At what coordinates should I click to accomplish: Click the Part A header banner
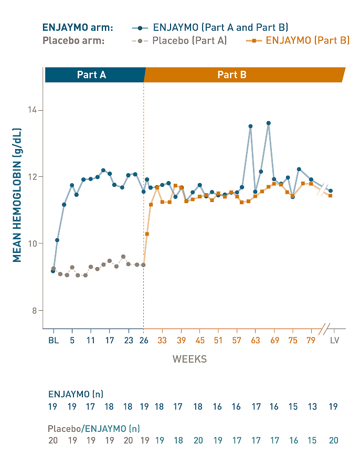click(x=92, y=75)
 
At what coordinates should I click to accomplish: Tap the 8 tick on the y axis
click(x=36, y=310)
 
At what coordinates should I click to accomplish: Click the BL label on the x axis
click(x=53, y=340)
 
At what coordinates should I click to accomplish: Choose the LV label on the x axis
click(x=334, y=340)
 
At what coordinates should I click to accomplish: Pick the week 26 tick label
click(x=143, y=340)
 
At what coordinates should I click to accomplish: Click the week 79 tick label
click(x=311, y=340)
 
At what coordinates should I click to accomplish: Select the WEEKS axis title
click(x=189, y=359)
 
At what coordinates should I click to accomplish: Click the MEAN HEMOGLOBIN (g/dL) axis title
click(x=17, y=195)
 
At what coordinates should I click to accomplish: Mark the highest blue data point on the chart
click(x=268, y=123)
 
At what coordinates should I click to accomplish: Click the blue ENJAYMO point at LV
click(x=330, y=191)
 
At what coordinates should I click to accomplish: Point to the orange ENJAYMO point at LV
click(x=330, y=196)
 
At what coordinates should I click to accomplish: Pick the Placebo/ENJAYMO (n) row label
click(x=93, y=428)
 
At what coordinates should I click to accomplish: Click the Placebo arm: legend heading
click(x=73, y=40)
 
